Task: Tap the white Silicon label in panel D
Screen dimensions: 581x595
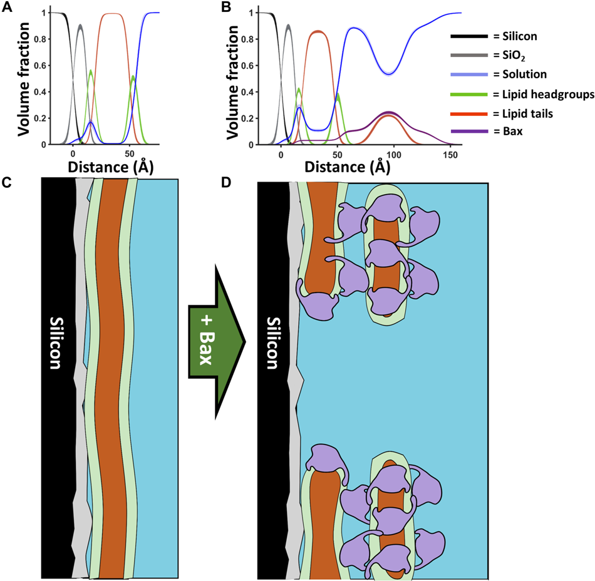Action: coord(272,342)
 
